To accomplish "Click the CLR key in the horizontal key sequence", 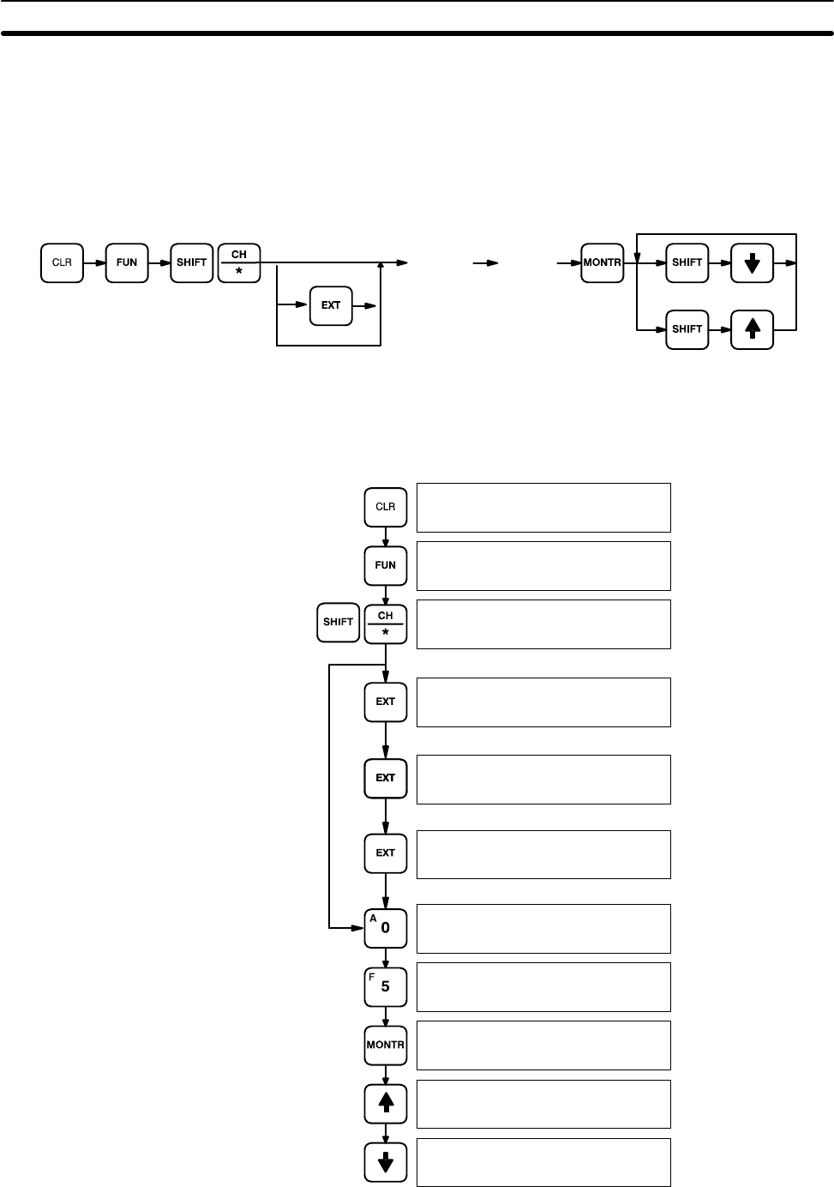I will tap(63, 262).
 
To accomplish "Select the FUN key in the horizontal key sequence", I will tap(127, 262).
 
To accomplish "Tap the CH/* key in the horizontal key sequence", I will tap(239, 262).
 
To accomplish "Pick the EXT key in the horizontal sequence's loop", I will tap(331, 304).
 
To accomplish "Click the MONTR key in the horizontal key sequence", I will tap(602, 262).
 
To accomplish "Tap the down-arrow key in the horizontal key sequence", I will tap(752, 262).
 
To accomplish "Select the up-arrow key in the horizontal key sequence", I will tap(752, 329).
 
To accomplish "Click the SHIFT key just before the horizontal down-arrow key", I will tap(687, 262).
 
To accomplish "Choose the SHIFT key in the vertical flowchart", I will tap(338, 623).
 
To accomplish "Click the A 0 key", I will tap(386, 927).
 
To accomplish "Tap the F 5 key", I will tap(386, 986).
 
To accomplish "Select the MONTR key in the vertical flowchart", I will tap(386, 1045).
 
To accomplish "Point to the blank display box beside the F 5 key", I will tap(543, 986).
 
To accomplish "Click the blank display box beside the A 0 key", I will tap(543, 928).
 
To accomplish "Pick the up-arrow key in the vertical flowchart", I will tap(386, 1103).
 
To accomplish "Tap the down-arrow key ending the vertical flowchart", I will tap(386, 1162).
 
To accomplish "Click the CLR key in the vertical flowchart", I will tap(386, 507).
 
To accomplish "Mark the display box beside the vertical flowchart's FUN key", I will tap(543, 565).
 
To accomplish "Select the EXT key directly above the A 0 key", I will tap(386, 853).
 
